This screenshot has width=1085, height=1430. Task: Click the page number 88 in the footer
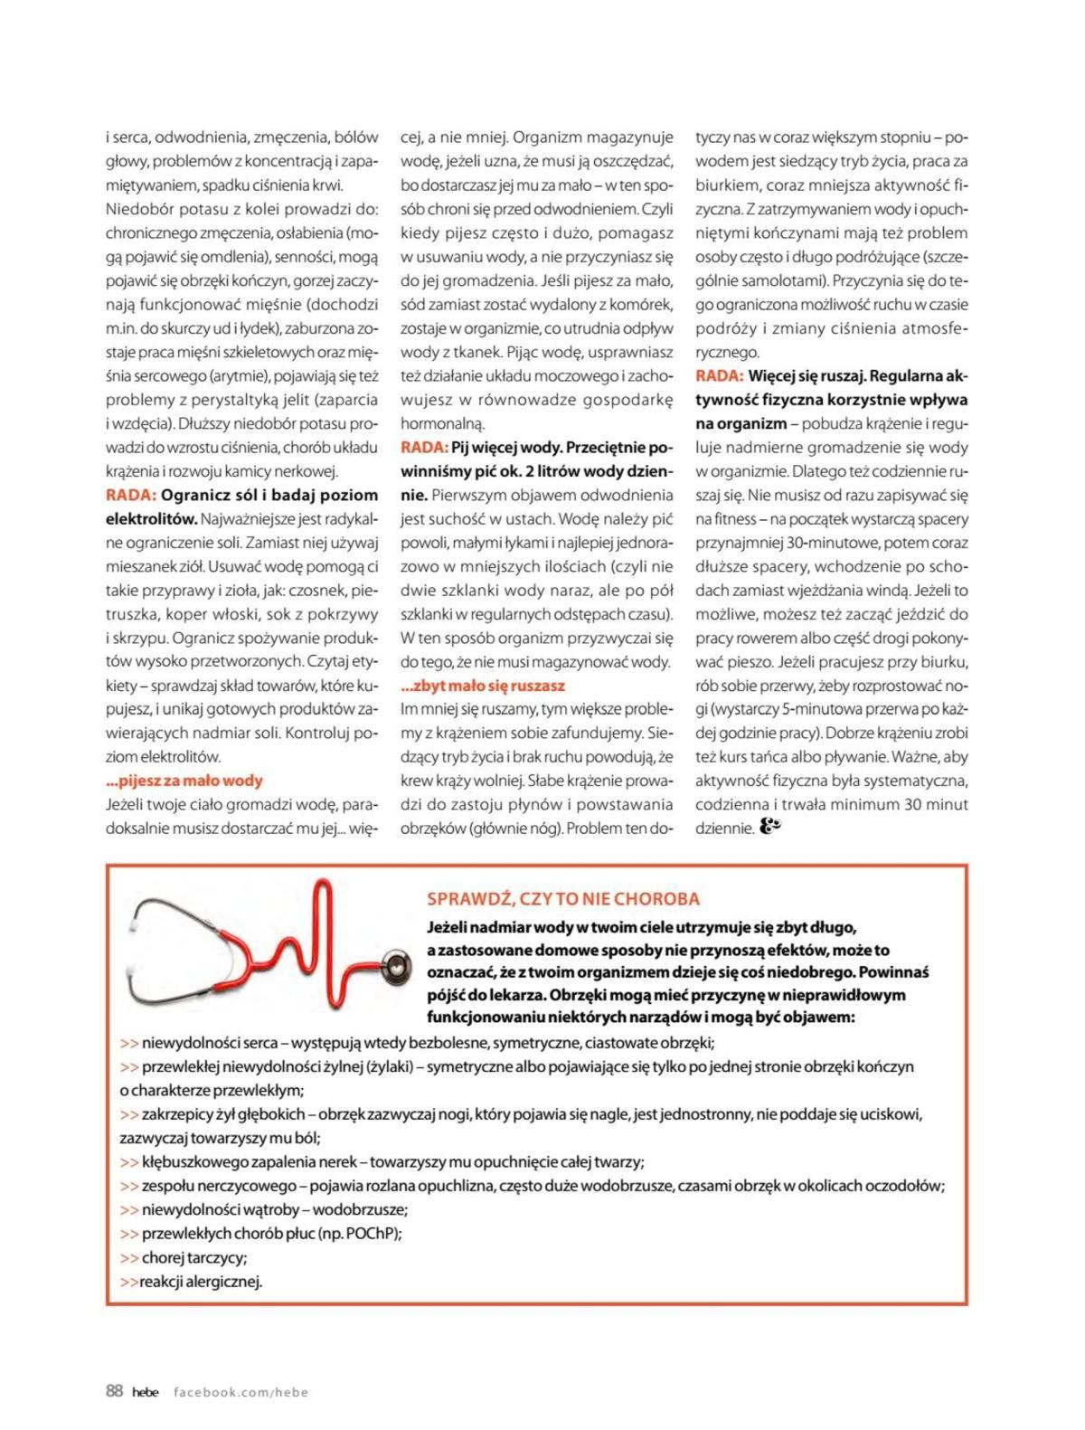pos(114,1391)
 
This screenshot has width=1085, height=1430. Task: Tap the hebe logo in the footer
pos(145,1392)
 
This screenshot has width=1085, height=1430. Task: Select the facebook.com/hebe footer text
pos(241,1392)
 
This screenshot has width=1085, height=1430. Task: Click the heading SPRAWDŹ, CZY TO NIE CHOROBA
pos(562,899)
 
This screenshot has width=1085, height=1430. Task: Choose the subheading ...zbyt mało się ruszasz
pos(483,686)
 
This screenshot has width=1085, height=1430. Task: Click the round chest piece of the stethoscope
pos(395,967)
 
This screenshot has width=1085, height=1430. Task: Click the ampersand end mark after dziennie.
pos(770,827)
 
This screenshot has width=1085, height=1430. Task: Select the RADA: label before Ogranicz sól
pos(131,495)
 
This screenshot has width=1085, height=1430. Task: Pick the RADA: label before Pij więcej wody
pos(424,447)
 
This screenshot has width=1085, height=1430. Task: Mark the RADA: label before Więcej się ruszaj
pos(720,375)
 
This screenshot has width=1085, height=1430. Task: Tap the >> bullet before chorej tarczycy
pos(129,1257)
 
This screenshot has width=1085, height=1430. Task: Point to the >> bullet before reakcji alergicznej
pos(128,1281)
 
